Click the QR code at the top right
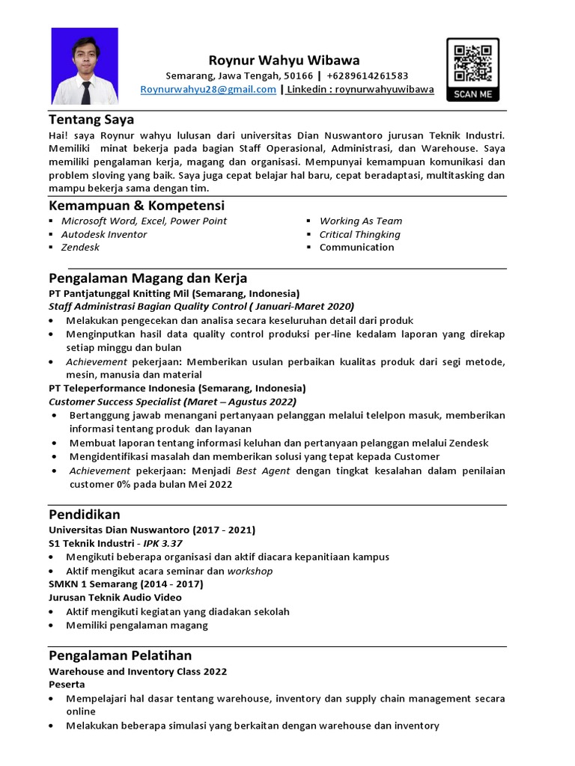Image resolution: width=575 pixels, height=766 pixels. [x=472, y=63]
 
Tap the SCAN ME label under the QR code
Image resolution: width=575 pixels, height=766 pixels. [x=472, y=94]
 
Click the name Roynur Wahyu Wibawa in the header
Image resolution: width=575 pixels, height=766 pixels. [x=284, y=61]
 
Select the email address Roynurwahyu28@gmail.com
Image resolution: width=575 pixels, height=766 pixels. [x=208, y=90]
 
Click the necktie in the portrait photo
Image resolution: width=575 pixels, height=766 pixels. [x=85, y=92]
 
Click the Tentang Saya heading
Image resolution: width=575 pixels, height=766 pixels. [x=91, y=119]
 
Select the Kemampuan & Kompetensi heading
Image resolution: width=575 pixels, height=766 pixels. [x=136, y=205]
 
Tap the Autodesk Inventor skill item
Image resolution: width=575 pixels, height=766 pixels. [x=104, y=234]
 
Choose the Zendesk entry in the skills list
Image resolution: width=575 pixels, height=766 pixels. [x=80, y=248]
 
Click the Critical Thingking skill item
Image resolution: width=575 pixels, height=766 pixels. [x=359, y=234]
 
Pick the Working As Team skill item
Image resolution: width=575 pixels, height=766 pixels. [x=360, y=221]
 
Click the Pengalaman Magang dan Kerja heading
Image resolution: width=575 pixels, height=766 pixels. [x=147, y=278]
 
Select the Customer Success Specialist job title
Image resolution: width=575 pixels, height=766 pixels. [x=118, y=402]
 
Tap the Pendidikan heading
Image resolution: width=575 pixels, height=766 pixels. [x=84, y=515]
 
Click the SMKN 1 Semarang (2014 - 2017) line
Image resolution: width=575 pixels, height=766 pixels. [x=126, y=584]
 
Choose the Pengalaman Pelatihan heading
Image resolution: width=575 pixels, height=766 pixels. [x=120, y=655]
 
